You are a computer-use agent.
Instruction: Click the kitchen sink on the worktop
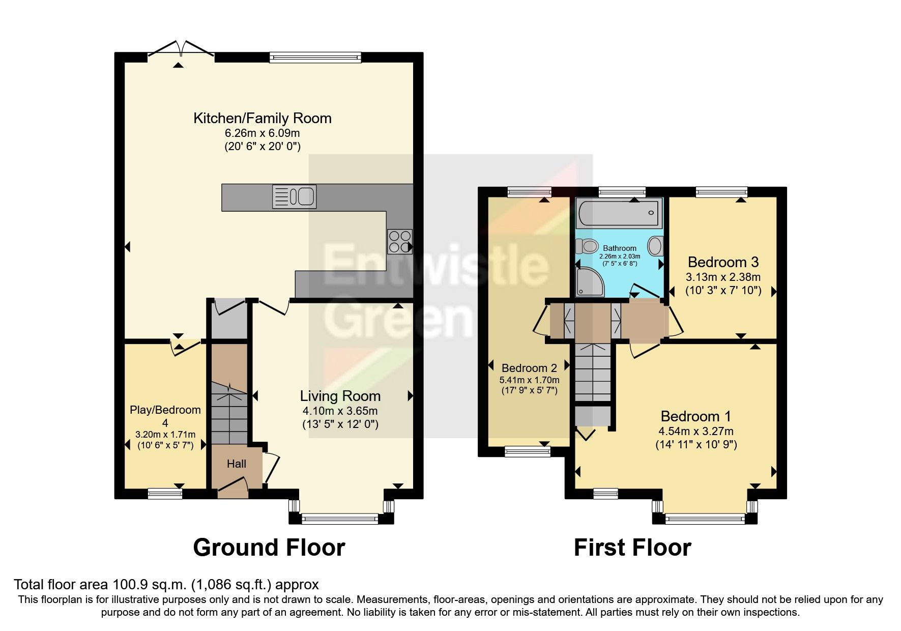(294, 196)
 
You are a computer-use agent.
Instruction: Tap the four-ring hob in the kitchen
(399, 241)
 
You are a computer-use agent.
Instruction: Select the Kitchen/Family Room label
(262, 118)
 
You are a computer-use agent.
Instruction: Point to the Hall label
(237, 464)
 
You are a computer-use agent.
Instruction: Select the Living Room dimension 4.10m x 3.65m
(340, 411)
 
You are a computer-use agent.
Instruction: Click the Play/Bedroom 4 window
(165, 493)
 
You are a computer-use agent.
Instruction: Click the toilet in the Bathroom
(587, 246)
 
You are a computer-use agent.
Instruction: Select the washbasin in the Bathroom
(655, 246)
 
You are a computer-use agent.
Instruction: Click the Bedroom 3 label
(723, 262)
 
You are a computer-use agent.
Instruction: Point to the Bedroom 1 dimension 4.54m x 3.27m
(695, 432)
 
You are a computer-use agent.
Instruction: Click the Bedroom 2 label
(529, 367)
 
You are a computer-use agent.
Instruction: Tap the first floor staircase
(593, 371)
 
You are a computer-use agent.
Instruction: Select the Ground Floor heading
(269, 548)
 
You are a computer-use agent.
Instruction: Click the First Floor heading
(632, 548)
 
